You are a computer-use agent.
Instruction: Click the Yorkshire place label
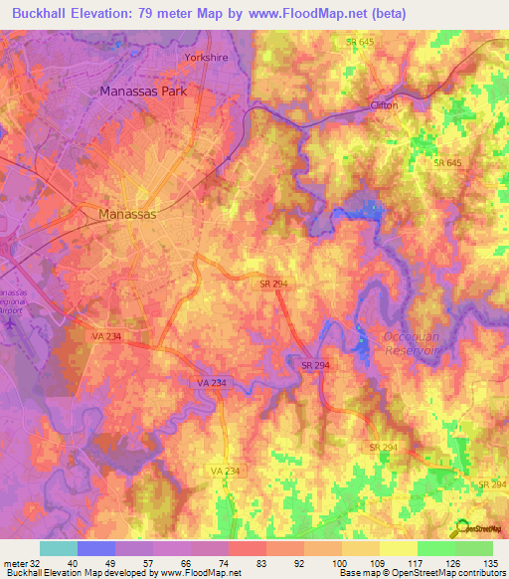[207, 58]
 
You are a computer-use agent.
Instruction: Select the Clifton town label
[384, 104]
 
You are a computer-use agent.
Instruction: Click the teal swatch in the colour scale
[59, 548]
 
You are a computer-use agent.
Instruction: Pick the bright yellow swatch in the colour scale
[398, 548]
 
